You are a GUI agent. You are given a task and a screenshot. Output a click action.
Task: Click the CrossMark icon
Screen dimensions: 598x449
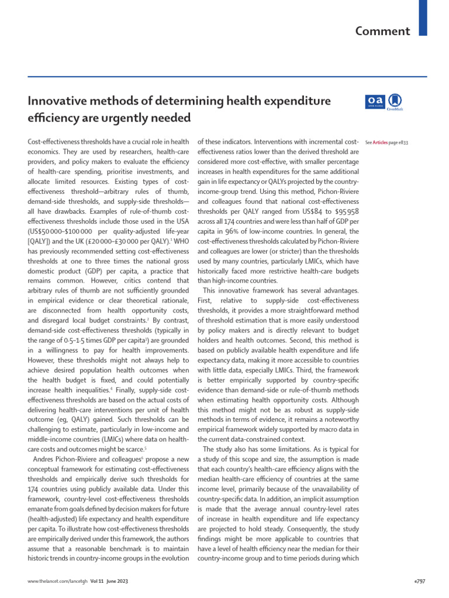[x=395, y=102]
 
